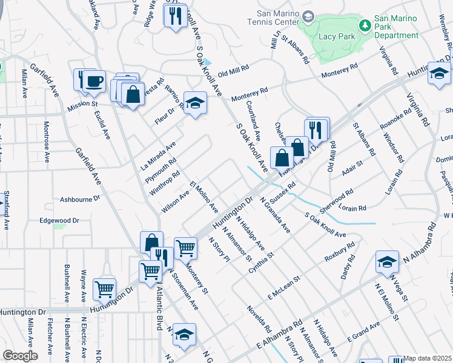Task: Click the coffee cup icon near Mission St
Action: [94, 81]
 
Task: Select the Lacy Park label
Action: [331, 36]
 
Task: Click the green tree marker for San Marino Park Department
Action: [365, 25]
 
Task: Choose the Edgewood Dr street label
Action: [59, 221]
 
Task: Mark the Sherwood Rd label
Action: [337, 200]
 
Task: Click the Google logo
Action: [20, 356]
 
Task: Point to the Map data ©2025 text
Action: [428, 358]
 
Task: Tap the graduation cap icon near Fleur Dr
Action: [195, 104]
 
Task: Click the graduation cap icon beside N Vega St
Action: [387, 261]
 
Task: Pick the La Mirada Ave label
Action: [157, 155]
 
